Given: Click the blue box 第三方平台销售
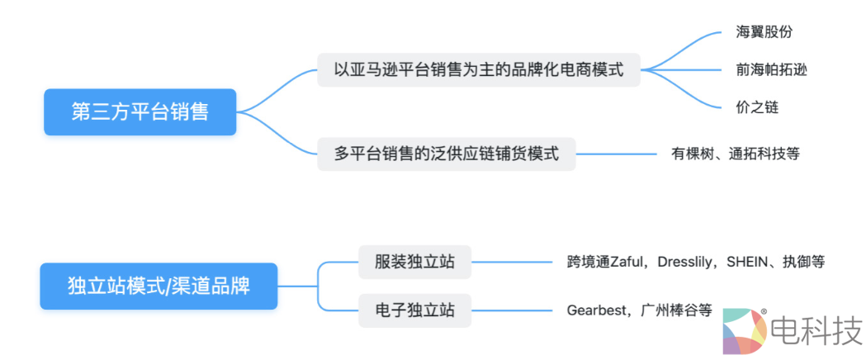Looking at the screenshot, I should click(140, 111).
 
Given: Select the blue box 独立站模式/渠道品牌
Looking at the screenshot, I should click(159, 287).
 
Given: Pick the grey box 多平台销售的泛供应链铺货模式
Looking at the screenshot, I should click(447, 154).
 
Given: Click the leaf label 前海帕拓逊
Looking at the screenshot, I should click(771, 69).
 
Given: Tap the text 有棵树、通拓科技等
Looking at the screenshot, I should click(736, 154).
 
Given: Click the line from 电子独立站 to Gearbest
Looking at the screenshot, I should click(512, 310).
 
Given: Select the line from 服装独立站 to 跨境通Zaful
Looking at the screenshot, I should click(512, 263).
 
